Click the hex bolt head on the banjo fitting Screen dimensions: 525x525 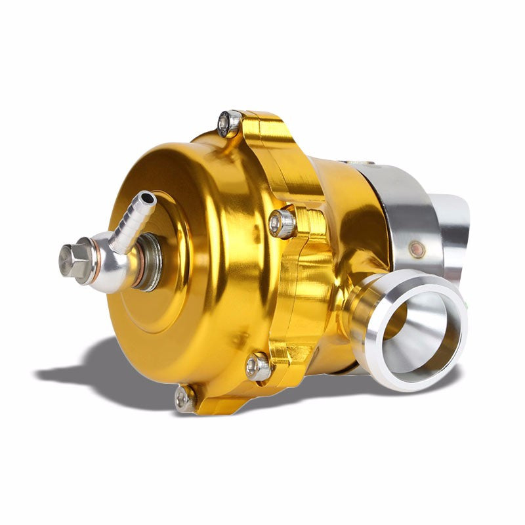tap(75, 259)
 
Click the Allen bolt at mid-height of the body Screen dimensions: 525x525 tap(282, 223)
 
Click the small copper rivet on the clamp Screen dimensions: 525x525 tap(416, 248)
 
